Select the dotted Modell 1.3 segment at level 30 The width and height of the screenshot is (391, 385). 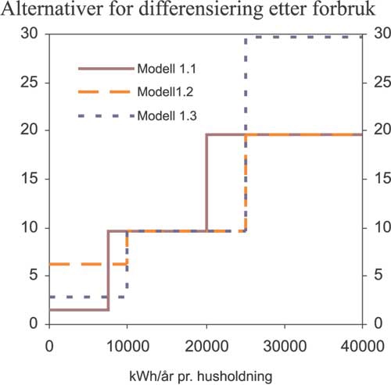coord(305,37)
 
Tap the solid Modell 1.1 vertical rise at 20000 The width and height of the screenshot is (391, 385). coord(206,184)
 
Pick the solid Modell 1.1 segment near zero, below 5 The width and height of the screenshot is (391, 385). coord(78,309)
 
